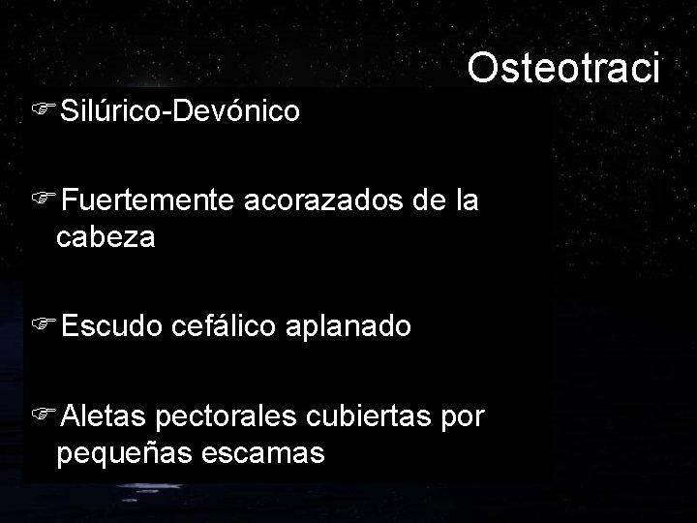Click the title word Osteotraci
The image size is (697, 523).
tap(563, 68)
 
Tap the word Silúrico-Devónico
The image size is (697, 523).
tap(179, 111)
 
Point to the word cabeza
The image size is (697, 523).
tap(106, 236)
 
